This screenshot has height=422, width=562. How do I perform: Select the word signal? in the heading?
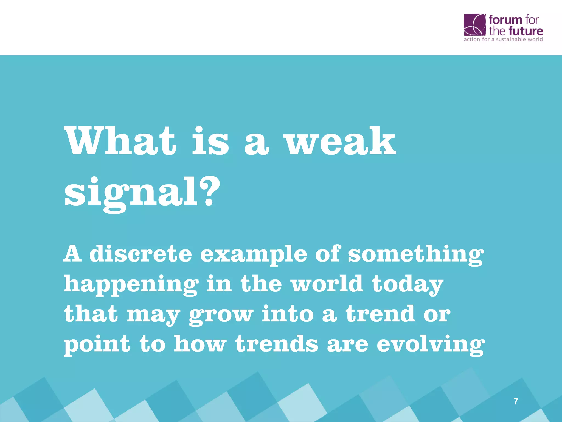click(x=142, y=192)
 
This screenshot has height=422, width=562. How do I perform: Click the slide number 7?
click(x=516, y=401)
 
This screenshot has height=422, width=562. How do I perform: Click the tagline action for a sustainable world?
click(x=503, y=39)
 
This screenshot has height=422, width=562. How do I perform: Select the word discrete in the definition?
click(x=140, y=253)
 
